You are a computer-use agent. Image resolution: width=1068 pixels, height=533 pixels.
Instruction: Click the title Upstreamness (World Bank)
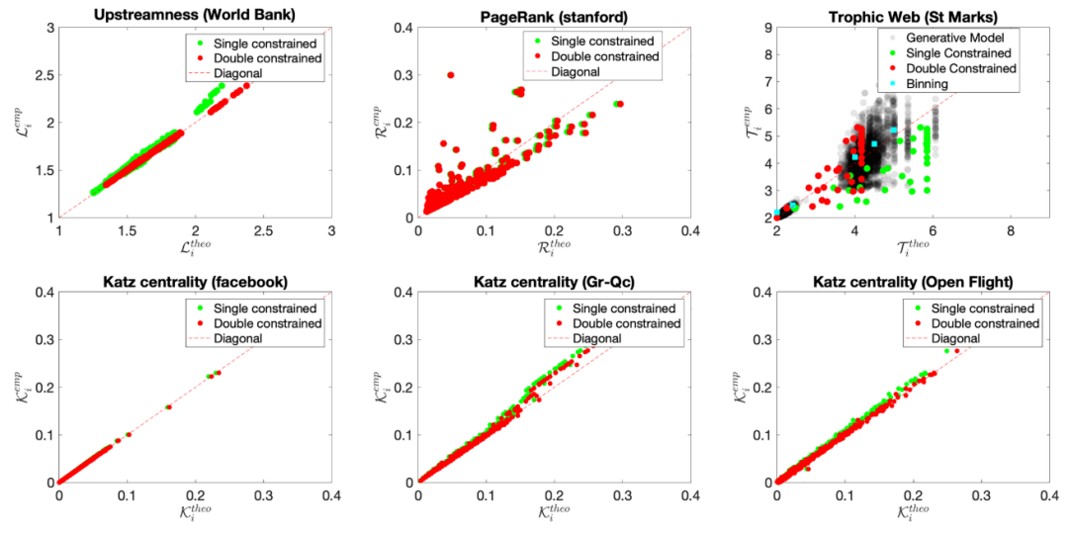coord(195,13)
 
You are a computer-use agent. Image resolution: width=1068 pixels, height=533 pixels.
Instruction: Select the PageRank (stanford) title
coord(554,13)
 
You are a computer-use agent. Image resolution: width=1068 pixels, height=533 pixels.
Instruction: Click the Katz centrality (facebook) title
coord(195,281)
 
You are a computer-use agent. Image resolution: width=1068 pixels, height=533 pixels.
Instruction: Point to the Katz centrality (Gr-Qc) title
coord(554,281)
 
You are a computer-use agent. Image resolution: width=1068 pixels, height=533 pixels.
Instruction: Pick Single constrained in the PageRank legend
coord(602,42)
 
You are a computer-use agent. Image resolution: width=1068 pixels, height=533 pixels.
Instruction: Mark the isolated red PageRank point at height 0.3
coord(451,75)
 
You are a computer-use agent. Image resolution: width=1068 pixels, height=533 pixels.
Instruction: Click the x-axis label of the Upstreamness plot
coord(195,250)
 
